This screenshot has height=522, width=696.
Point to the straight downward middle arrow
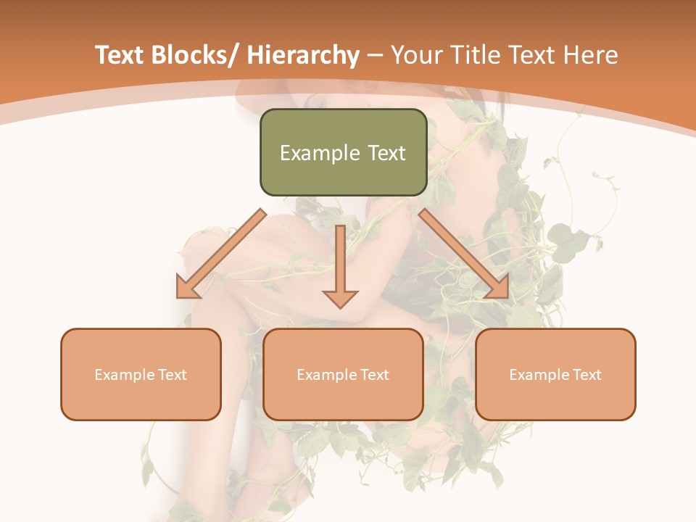pos(340,261)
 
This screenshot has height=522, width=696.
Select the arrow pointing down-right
pos(464,254)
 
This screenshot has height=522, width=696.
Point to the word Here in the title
pos(591,55)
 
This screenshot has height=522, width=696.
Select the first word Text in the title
pos(120,55)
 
